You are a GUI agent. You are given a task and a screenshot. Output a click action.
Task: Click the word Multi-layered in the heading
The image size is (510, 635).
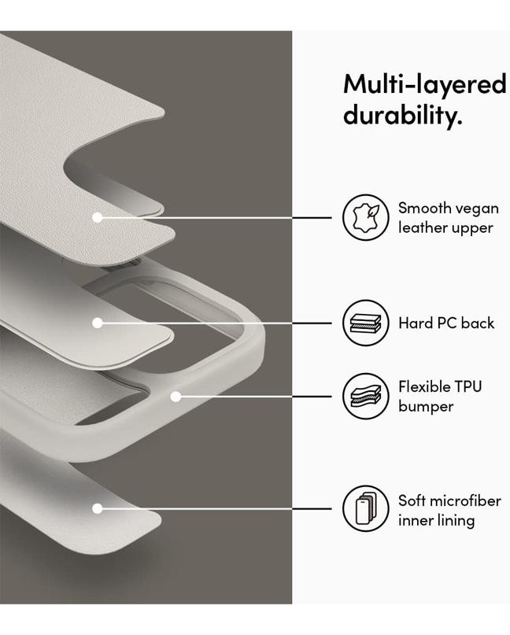[425, 85]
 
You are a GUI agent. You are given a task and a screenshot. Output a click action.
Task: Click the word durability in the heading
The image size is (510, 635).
[402, 114]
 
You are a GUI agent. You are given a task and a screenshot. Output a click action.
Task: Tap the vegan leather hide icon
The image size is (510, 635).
[366, 217]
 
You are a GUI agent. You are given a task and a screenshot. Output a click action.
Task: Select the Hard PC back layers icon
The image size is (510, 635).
[366, 323]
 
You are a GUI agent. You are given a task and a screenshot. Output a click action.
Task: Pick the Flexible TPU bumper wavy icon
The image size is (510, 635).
[366, 396]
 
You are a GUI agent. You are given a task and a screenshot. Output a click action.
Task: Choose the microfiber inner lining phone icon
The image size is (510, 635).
[366, 508]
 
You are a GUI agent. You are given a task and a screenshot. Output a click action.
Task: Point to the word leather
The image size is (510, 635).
[423, 227]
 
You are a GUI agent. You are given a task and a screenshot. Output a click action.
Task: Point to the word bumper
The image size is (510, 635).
[426, 407]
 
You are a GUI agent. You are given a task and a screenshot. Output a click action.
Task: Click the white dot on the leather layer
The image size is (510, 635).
[98, 217]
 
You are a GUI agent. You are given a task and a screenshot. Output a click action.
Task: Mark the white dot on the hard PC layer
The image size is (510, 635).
[98, 323]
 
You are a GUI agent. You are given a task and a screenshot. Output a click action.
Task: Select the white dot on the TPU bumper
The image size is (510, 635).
[176, 397]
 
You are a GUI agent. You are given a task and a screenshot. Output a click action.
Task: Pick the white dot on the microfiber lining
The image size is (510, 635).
[98, 508]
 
